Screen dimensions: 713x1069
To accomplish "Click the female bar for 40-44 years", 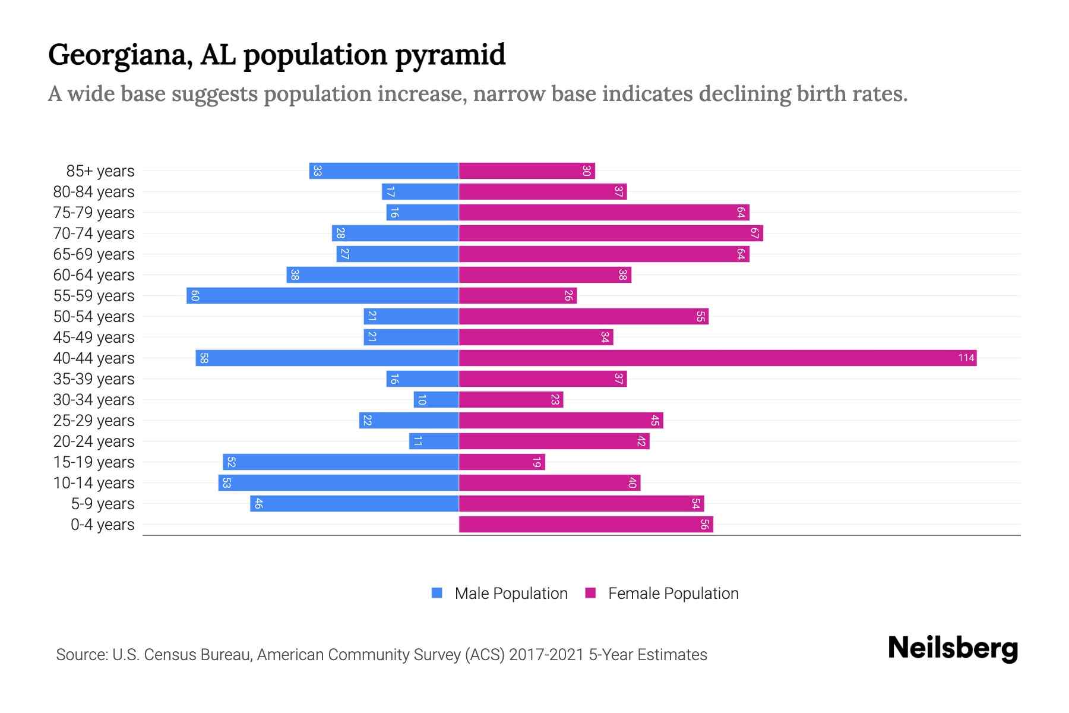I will click(x=717, y=358).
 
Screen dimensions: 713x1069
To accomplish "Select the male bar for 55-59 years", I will click(x=322, y=295).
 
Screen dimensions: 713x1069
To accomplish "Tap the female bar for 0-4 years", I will click(x=586, y=524).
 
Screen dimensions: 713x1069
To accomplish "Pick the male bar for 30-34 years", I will click(x=437, y=399).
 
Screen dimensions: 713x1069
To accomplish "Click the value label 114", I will click(x=966, y=358).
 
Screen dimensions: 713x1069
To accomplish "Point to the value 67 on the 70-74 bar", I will click(x=754, y=233).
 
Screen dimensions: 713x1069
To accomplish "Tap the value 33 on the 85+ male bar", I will click(x=318, y=171).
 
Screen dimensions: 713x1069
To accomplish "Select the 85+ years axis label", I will click(x=100, y=171).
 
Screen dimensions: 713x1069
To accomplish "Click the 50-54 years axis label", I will click(x=94, y=317).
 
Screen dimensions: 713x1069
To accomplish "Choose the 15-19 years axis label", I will click(x=94, y=462).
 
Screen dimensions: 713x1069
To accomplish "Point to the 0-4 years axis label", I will click(x=102, y=525).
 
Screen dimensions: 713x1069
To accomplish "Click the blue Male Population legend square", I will click(x=437, y=593).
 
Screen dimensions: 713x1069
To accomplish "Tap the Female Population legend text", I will click(x=673, y=594).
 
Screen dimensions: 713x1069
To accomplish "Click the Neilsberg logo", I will click(x=953, y=648).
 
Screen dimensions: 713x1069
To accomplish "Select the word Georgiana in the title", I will click(x=120, y=55).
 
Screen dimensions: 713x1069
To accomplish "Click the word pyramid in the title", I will click(x=450, y=55).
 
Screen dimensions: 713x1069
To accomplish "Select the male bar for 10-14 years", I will click(x=339, y=482).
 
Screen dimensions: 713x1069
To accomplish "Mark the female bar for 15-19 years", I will click(x=502, y=462).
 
